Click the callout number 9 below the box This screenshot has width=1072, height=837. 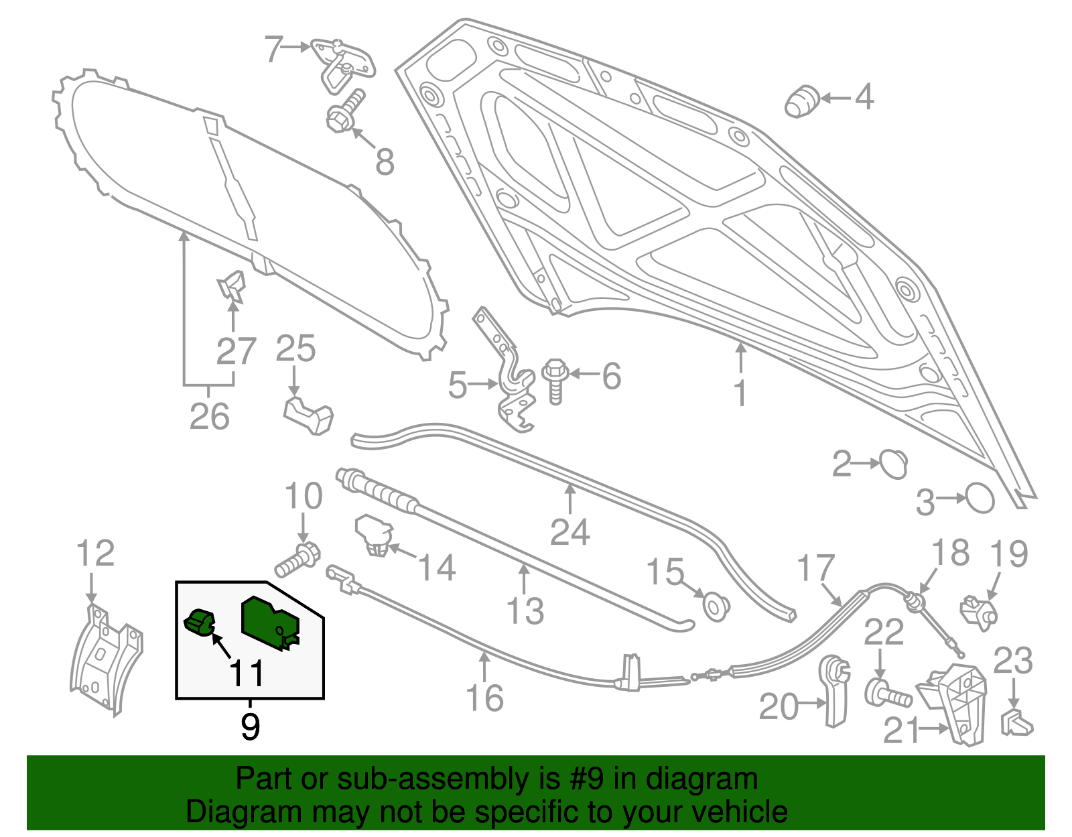coord(250,726)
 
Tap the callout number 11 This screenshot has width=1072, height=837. coord(247,673)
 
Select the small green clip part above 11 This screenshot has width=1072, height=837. coord(199,623)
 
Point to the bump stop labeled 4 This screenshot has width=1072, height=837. coord(801,101)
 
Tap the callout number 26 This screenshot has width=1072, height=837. coord(209,416)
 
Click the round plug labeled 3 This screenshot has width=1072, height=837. coord(980,499)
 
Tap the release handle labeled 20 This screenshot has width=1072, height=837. coord(835,690)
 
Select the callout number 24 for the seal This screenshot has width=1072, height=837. coord(569,533)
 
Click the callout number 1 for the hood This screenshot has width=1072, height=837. coord(740,393)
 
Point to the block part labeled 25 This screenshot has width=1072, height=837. coord(309,415)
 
